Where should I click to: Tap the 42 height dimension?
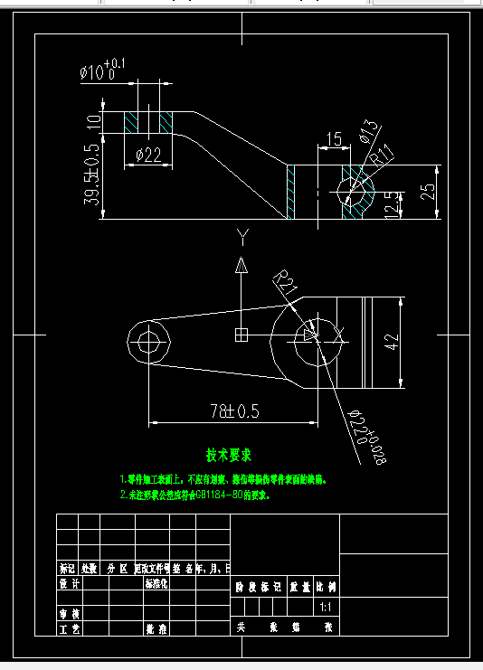391,342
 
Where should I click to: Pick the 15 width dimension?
334,139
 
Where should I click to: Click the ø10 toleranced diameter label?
102,71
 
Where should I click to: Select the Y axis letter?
241,237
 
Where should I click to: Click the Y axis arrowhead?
241,264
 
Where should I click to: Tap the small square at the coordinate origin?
241,335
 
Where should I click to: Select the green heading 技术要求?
229,455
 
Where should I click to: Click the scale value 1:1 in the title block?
326,608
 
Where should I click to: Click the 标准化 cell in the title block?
157,584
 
